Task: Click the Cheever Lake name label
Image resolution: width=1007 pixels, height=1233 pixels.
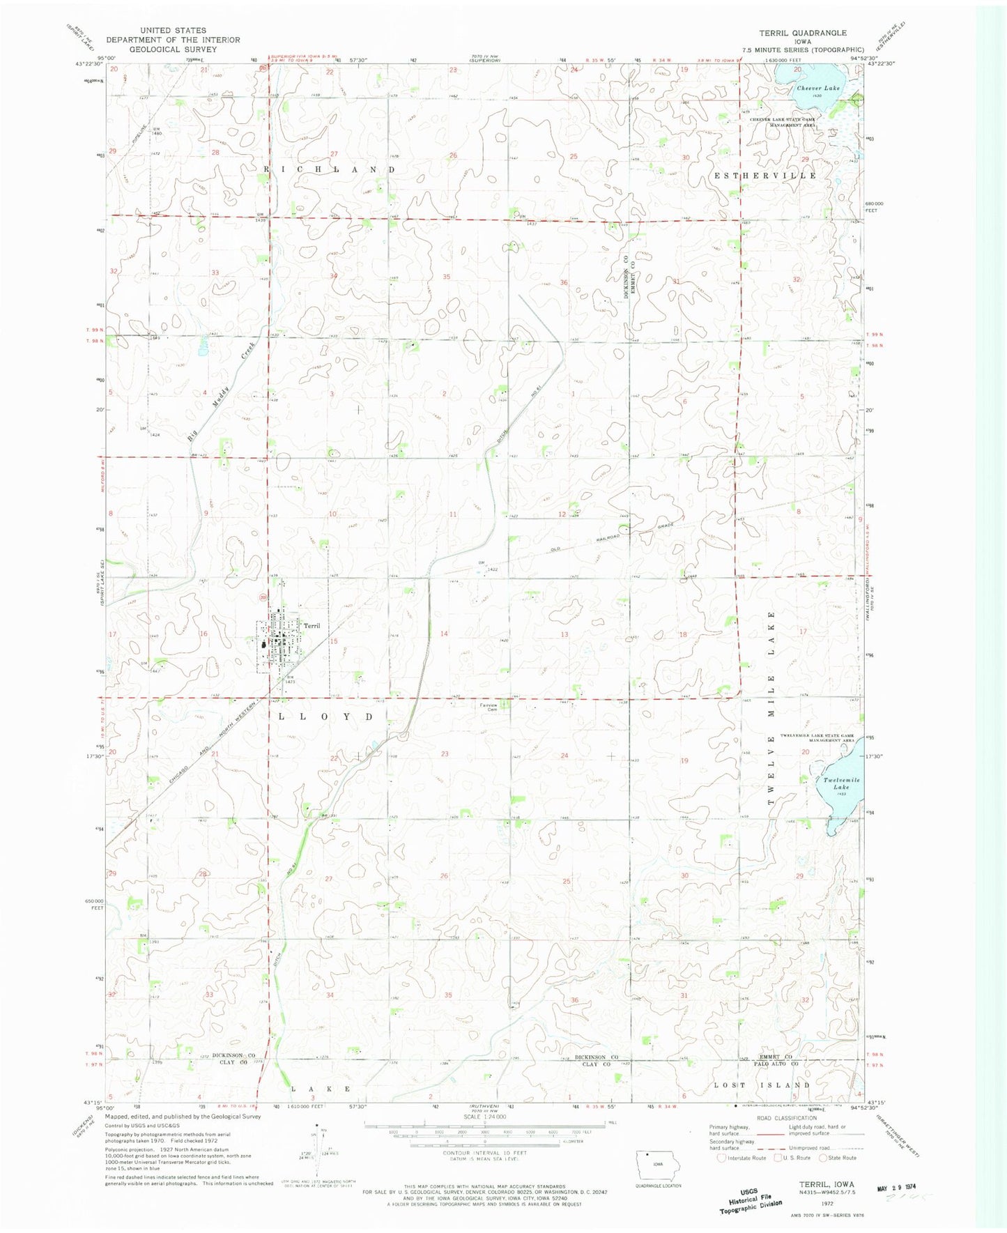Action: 818,89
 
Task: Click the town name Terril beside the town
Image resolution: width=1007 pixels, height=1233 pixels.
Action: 312,626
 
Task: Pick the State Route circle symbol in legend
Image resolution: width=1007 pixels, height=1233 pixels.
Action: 823,1158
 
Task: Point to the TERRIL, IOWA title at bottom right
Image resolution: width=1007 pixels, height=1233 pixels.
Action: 822,1183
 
